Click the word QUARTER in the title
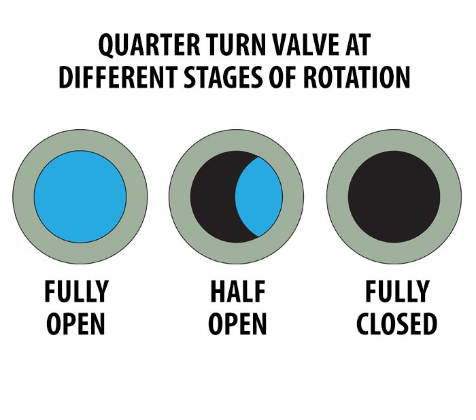point(150,45)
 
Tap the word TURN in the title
point(237,45)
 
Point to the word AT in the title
point(358,45)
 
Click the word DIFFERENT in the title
point(118,77)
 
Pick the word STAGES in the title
point(223,77)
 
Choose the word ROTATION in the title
point(356,77)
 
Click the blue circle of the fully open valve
point(80,196)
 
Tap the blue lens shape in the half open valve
point(259,196)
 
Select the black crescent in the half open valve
point(212,196)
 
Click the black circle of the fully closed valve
point(394,196)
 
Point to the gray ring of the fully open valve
point(23,196)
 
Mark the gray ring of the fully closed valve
point(337,196)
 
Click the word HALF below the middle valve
point(238,292)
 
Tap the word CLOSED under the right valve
point(396,323)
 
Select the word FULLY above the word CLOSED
point(397,292)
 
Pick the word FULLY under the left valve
point(76,292)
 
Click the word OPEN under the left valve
point(76,323)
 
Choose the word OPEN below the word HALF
point(237,323)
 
